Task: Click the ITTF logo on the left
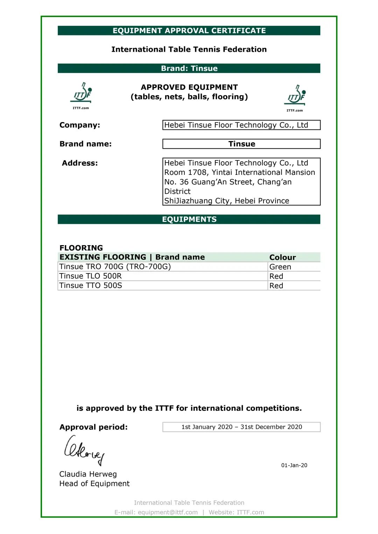pyautogui.click(x=82, y=93)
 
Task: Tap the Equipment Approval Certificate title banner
pyautogui.click(x=189, y=30)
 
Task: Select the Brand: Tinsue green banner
pyautogui.click(x=189, y=68)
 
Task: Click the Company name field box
pyautogui.click(x=241, y=125)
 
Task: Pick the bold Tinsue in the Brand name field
pyautogui.click(x=241, y=144)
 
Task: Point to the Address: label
pyautogui.click(x=80, y=163)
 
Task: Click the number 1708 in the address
pyautogui.click(x=197, y=172)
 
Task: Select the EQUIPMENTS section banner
pyautogui.click(x=189, y=219)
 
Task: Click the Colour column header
pyautogui.click(x=282, y=257)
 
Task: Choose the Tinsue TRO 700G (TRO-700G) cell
pyautogui.click(x=115, y=267)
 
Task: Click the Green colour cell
pyautogui.click(x=280, y=267)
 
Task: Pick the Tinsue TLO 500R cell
pyautogui.click(x=91, y=276)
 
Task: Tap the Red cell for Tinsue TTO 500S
pyautogui.click(x=276, y=286)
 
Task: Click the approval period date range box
pyautogui.click(x=241, y=427)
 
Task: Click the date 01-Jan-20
pyautogui.click(x=294, y=465)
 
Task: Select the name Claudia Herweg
pyautogui.click(x=88, y=474)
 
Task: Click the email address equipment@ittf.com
pyautogui.click(x=168, y=512)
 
